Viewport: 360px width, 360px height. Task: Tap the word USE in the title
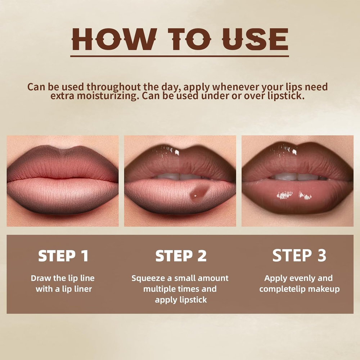pyautogui.click(x=255, y=39)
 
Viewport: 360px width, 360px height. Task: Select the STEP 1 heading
pyautogui.click(x=63, y=256)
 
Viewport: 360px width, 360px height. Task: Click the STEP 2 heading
pyautogui.click(x=181, y=256)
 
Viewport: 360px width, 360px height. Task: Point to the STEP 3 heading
pyautogui.click(x=299, y=255)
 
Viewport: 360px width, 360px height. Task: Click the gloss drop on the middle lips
pyautogui.click(x=199, y=193)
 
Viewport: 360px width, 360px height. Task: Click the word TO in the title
pyautogui.click(x=189, y=39)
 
